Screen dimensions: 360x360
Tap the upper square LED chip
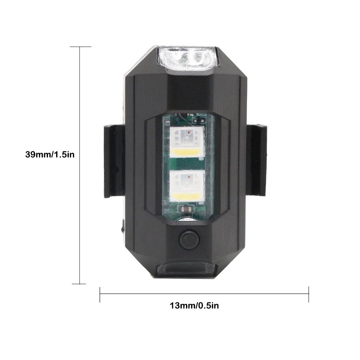tap(187, 143)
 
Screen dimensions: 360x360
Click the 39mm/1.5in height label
tap(50, 155)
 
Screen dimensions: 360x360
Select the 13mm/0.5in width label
tap(194, 306)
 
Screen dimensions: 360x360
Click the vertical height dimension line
tap(80, 165)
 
